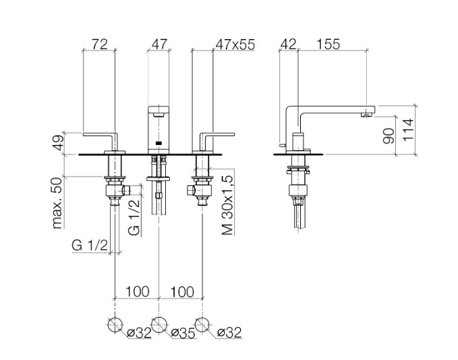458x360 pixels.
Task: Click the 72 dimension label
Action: [100, 44]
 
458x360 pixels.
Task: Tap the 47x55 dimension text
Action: [235, 44]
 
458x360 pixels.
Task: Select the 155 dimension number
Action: [328, 44]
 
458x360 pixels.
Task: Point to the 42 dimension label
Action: [288, 44]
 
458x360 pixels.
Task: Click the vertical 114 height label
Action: [408, 130]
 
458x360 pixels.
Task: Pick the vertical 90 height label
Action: [389, 136]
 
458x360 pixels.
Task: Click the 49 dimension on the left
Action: [58, 142]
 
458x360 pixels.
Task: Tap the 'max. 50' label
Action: [57, 203]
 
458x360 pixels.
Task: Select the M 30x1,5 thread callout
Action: [228, 205]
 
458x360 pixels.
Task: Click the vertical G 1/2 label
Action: [135, 218]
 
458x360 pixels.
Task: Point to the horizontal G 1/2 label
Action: [90, 245]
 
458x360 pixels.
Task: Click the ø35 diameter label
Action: [183, 333]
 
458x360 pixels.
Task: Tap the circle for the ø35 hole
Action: [159, 324]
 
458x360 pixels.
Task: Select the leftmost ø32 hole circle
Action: [115, 325]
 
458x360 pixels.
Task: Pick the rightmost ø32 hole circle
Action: [202, 325]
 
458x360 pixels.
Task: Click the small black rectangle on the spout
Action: [159, 143]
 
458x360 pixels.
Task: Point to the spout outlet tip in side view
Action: [366, 115]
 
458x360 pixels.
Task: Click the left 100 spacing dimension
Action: [138, 291]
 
